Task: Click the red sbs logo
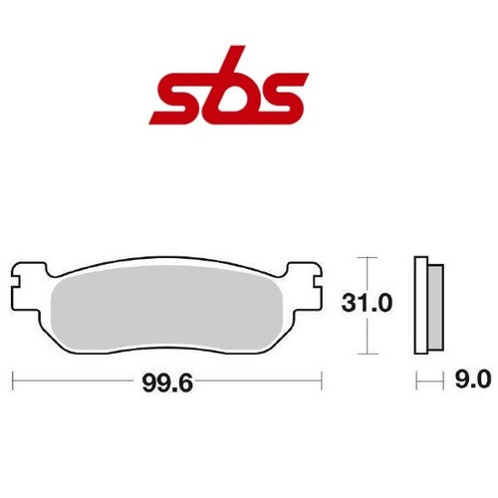(229, 86)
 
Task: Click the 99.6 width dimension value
(167, 383)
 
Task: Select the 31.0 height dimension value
(367, 303)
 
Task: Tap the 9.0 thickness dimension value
(473, 379)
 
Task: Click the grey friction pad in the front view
(167, 309)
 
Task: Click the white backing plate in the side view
(421, 305)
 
